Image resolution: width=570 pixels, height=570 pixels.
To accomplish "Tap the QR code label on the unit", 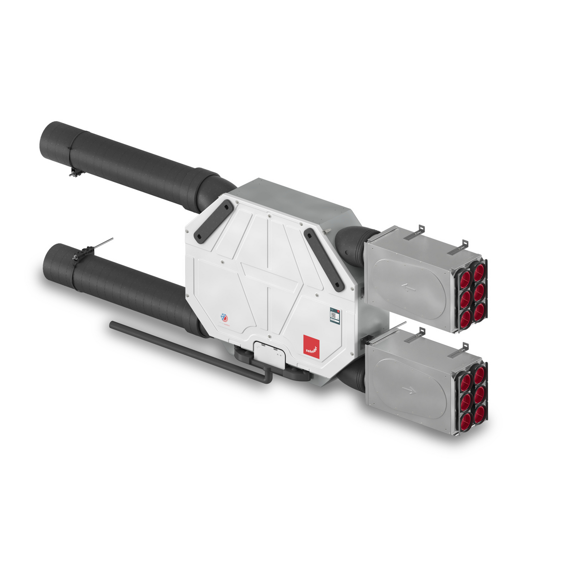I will click(335, 315).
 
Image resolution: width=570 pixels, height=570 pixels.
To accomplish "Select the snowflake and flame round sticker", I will click(225, 317).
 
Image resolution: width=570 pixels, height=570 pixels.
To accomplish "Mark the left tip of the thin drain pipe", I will click(112, 325).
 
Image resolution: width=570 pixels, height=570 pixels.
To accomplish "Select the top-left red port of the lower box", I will click(465, 379).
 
